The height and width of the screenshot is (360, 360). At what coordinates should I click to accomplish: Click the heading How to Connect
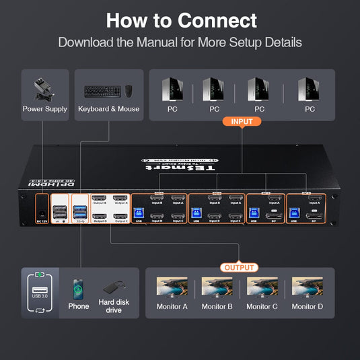point(181,20)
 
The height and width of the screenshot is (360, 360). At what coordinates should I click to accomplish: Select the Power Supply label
point(44,109)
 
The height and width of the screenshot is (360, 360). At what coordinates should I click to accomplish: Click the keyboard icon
point(102,90)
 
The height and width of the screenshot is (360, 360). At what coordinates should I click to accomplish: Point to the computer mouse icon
point(129,90)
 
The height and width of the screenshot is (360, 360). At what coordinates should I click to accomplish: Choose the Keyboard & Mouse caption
point(109,109)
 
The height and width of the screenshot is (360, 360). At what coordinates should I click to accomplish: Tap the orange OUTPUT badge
point(240,267)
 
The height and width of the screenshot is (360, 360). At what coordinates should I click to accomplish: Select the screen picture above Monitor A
point(172,287)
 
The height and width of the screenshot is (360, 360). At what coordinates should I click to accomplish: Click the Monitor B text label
point(216,307)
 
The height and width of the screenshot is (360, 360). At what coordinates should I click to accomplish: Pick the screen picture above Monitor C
point(262,287)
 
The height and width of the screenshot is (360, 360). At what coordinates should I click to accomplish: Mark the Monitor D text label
point(307,307)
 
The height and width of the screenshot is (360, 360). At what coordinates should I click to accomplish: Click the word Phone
point(79,307)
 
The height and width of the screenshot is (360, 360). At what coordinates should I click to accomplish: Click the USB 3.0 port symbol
point(40,291)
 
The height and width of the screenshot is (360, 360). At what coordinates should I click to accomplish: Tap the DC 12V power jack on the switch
point(42,209)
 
